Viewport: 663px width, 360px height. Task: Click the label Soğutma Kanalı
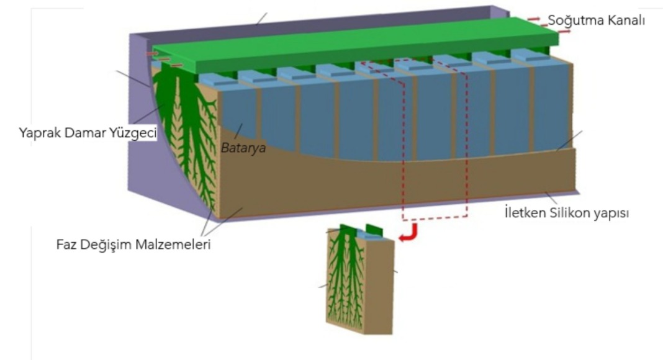(596, 20)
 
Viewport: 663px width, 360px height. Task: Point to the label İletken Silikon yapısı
(567, 214)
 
